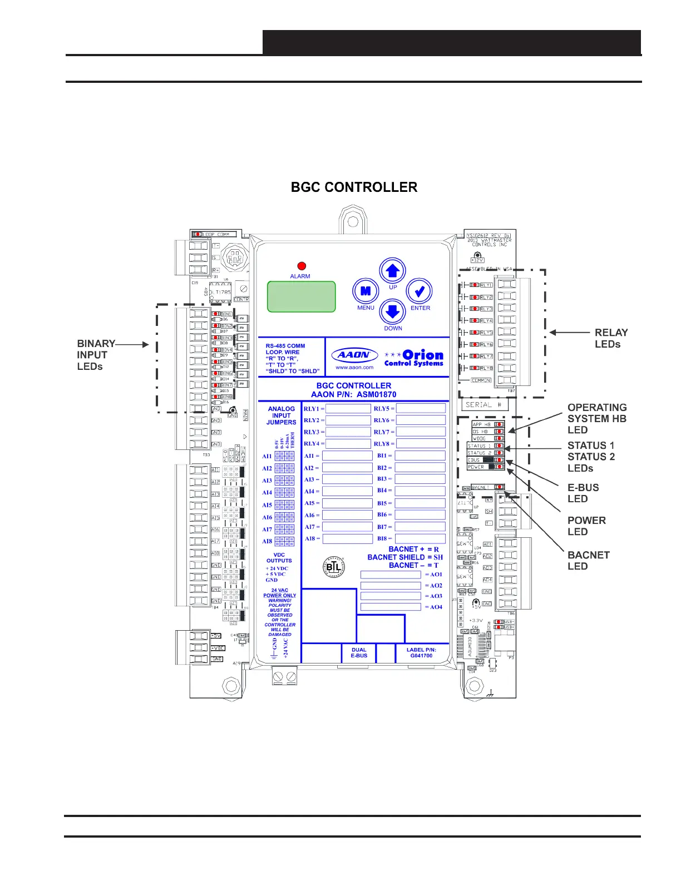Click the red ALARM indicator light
[302, 266]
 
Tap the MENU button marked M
[366, 291]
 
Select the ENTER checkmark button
[420, 291]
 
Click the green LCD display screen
[302, 296]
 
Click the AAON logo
[354, 355]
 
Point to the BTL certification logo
[334, 567]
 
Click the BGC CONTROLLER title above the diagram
[354, 187]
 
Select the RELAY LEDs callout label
[611, 338]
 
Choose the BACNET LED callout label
[588, 561]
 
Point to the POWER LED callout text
[586, 526]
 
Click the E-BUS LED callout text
[583, 493]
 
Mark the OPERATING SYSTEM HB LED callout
[596, 419]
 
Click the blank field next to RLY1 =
[348, 409]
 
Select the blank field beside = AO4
[391, 607]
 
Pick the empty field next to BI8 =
[420, 538]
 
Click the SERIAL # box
[484, 405]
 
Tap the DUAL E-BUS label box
[359, 652]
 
